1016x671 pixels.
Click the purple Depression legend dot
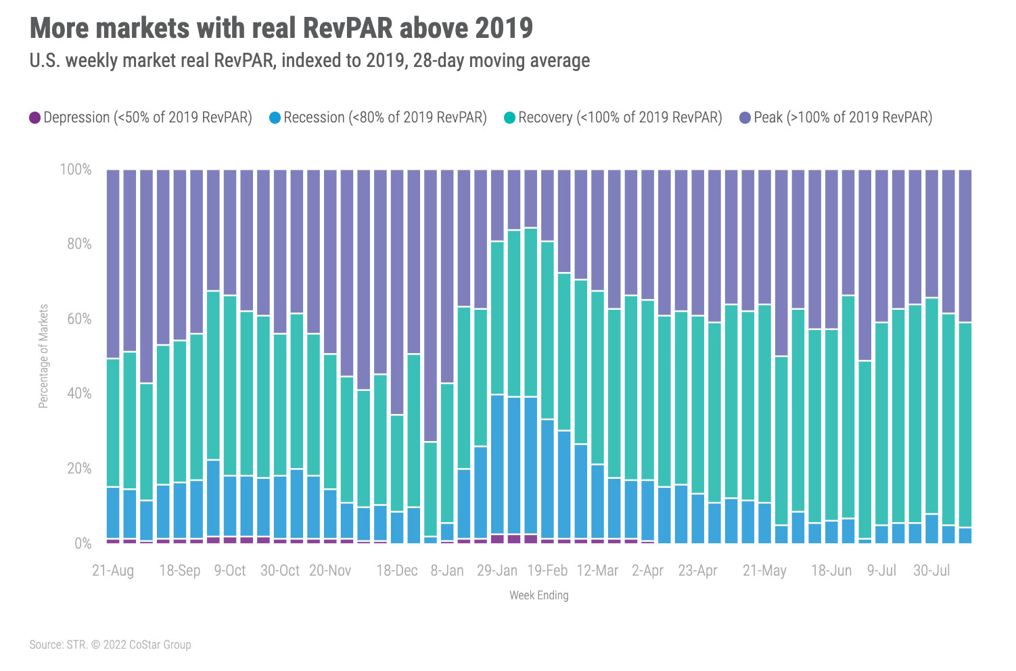35,118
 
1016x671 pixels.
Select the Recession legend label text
385,118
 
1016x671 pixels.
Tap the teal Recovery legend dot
510,118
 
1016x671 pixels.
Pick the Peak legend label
843,118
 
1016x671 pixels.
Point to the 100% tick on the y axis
76,170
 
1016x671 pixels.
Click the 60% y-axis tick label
78,319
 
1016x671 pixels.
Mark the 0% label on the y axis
83,543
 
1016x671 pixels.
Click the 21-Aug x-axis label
113,570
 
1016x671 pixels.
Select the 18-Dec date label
396,570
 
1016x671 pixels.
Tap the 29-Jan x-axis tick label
497,570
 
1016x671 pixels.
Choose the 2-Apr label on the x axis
647,570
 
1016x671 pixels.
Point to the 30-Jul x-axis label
931,570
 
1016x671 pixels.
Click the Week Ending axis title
538,595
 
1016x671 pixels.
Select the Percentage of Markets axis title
43,356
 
